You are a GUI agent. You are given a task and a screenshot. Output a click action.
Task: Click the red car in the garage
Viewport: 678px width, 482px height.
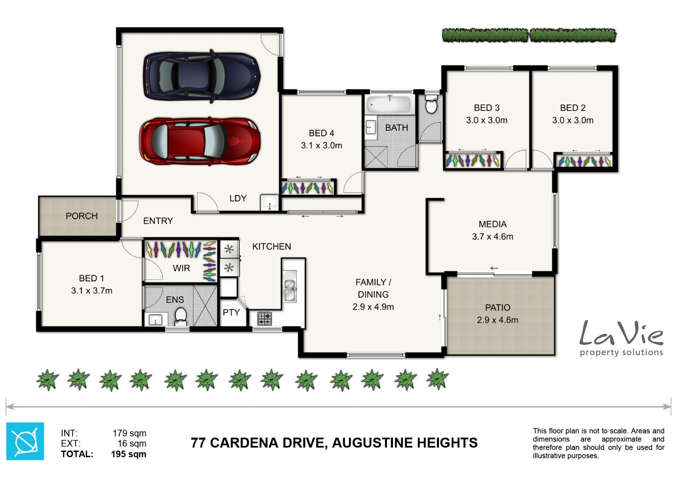pos(200,141)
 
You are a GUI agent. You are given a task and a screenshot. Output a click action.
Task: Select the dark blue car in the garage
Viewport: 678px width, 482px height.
pos(202,76)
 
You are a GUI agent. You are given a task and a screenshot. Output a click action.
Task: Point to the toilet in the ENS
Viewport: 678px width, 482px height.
pos(180,316)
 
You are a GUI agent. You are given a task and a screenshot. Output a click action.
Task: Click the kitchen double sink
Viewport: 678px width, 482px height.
pos(290,286)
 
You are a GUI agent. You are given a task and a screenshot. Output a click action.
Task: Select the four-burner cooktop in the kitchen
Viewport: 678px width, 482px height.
pos(264,318)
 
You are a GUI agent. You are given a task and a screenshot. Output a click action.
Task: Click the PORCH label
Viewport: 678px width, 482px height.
pos(82,216)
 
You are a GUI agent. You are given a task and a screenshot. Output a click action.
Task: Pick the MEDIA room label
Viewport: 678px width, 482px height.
pos(493,224)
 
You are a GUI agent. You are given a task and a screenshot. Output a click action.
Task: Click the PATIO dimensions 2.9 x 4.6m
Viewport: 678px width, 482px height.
pos(498,320)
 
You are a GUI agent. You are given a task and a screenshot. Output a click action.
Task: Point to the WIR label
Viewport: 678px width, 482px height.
pos(182,268)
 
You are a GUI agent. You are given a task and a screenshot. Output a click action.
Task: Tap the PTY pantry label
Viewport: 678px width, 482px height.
pos(231,313)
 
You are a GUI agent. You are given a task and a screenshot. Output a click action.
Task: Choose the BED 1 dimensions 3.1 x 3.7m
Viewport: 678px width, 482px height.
pos(92,291)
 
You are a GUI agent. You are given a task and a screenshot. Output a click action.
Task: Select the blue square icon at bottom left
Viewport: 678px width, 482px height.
pos(25,441)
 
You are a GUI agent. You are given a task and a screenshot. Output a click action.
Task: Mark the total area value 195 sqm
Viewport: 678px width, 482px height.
pos(129,454)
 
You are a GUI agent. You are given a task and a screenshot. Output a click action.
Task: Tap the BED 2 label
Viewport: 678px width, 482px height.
pos(573,108)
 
